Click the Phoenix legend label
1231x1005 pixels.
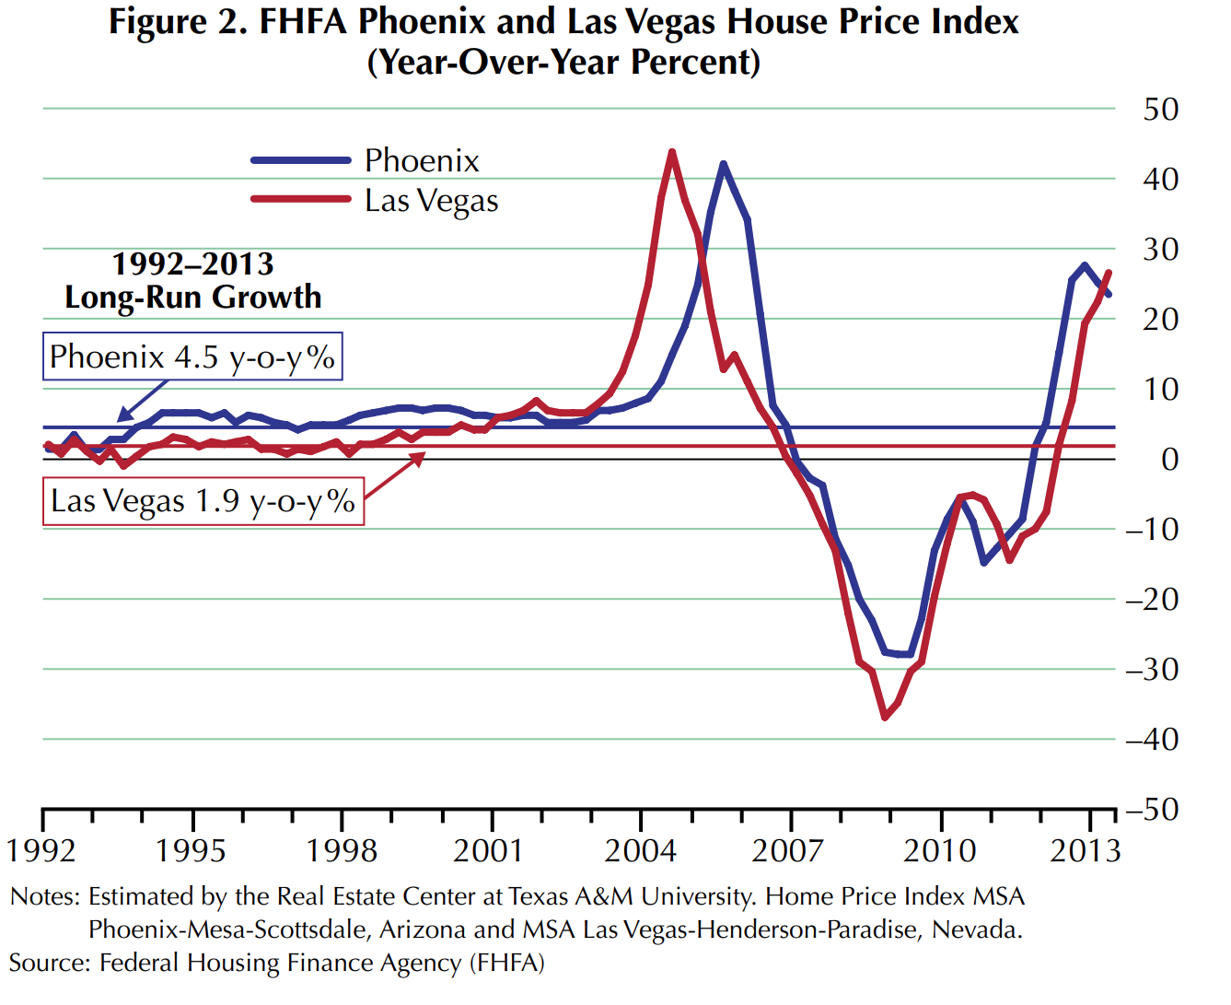tap(422, 161)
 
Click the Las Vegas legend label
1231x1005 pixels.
tap(431, 201)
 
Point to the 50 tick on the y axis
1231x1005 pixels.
tap(1161, 110)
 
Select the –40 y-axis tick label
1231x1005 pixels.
tap(1152, 740)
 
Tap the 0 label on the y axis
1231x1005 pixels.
tap(1169, 460)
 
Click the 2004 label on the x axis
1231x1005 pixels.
tap(640, 850)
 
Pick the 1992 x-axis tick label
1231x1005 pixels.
tap(41, 850)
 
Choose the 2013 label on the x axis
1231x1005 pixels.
tap(1086, 850)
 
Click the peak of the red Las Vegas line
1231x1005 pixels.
tap(672, 152)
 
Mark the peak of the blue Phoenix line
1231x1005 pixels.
tap(724, 165)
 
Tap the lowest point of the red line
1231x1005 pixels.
tap(885, 717)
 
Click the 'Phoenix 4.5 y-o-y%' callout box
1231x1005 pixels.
tap(192, 356)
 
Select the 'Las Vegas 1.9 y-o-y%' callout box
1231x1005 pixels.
tap(203, 501)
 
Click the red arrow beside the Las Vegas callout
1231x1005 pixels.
tap(394, 477)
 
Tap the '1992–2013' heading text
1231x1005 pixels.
tap(192, 264)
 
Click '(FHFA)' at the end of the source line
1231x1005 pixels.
tap(507, 964)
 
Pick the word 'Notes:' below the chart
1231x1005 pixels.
tap(45, 897)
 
